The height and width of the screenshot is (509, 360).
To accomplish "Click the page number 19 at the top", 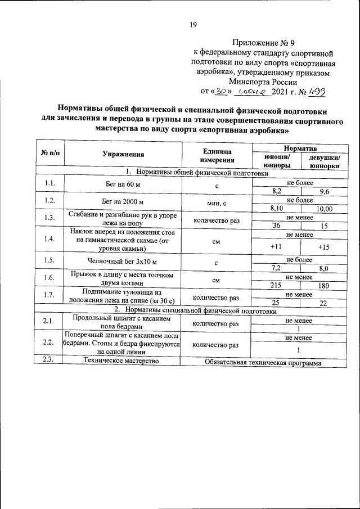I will coord(192,24).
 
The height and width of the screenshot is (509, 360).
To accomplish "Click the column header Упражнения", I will coord(124,154).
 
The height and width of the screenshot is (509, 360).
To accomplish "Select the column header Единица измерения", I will coord(215,154).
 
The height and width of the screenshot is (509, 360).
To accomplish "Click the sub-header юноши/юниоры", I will coord(276,161).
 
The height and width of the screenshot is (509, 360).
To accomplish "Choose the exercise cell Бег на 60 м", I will coord(122,185).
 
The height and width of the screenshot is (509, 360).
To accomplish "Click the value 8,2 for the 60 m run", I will coord(276,191).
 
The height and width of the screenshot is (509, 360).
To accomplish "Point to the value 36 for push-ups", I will coord(276,226).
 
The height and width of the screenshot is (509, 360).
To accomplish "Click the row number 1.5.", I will coord(49,261).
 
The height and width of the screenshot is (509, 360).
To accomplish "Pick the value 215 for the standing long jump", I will coord(276,285).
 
